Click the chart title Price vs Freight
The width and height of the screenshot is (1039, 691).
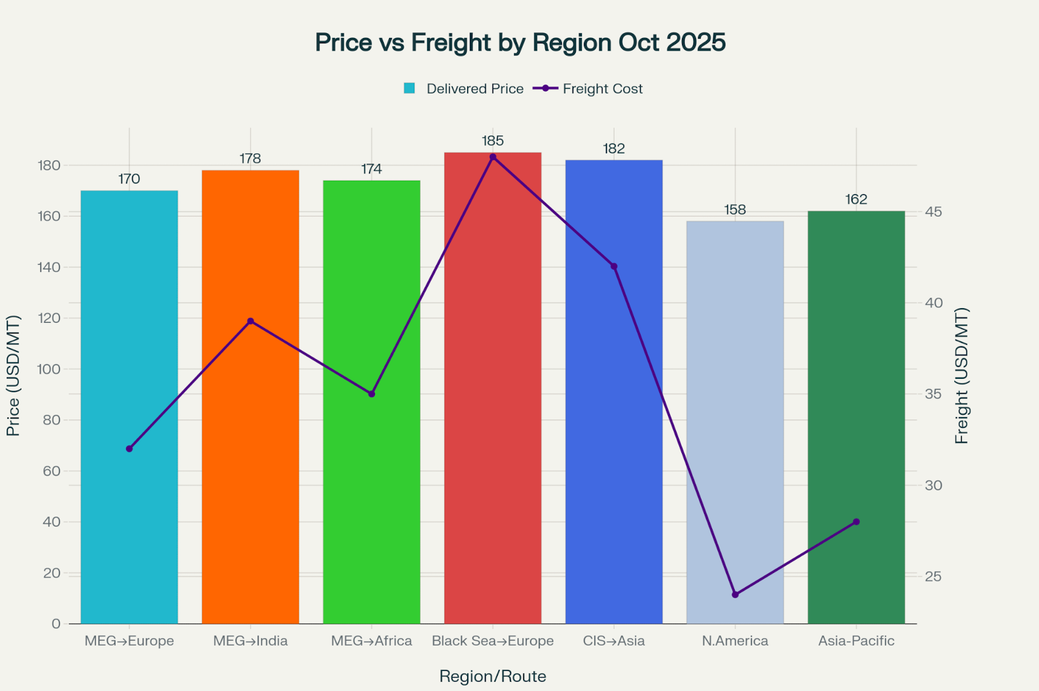(520, 43)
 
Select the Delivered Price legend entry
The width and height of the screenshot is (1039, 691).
(464, 89)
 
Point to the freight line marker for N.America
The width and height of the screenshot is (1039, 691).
(735, 594)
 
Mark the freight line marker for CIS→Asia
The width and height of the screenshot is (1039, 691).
(614, 266)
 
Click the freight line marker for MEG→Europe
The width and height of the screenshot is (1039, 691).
(129, 449)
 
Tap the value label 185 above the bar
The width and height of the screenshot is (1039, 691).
(492, 141)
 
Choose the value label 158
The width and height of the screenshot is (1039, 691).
(735, 210)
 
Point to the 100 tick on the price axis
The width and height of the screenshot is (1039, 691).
(51, 369)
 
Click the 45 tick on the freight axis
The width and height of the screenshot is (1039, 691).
(933, 212)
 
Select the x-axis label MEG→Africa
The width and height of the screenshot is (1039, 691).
(372, 641)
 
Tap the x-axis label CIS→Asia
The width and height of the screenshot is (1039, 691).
(614, 641)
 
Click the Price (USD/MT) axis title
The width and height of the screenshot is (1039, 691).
(13, 376)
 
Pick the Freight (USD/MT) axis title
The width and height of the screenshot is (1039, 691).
(961, 376)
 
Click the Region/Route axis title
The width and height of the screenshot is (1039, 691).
(492, 676)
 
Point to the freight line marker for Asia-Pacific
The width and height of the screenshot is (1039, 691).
(856, 522)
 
